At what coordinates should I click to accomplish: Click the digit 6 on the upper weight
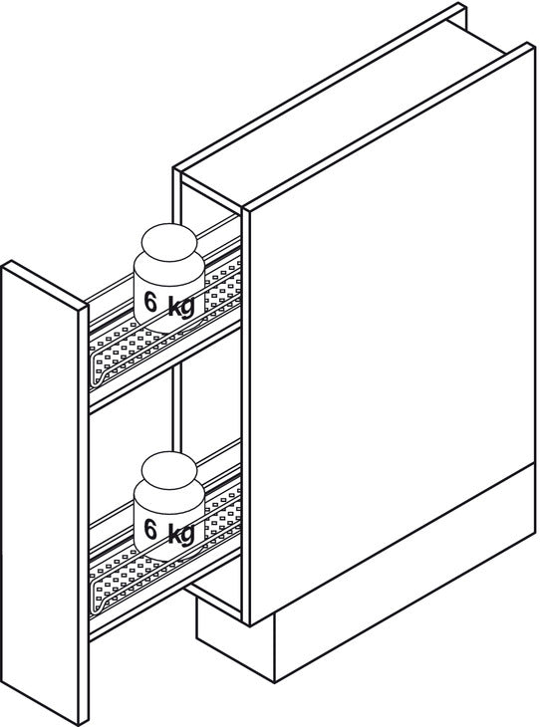pos(150,302)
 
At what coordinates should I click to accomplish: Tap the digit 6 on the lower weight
pos(150,529)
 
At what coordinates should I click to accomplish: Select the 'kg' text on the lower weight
pos(181,534)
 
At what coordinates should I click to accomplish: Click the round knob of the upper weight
pos(169,242)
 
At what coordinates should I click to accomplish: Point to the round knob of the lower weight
pos(169,469)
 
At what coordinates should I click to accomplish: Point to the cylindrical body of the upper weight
pos(168,292)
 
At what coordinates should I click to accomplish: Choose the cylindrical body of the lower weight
pos(168,519)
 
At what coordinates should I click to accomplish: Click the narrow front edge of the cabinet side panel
pos(246,417)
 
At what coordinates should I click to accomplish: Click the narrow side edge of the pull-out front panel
pos(84,515)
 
